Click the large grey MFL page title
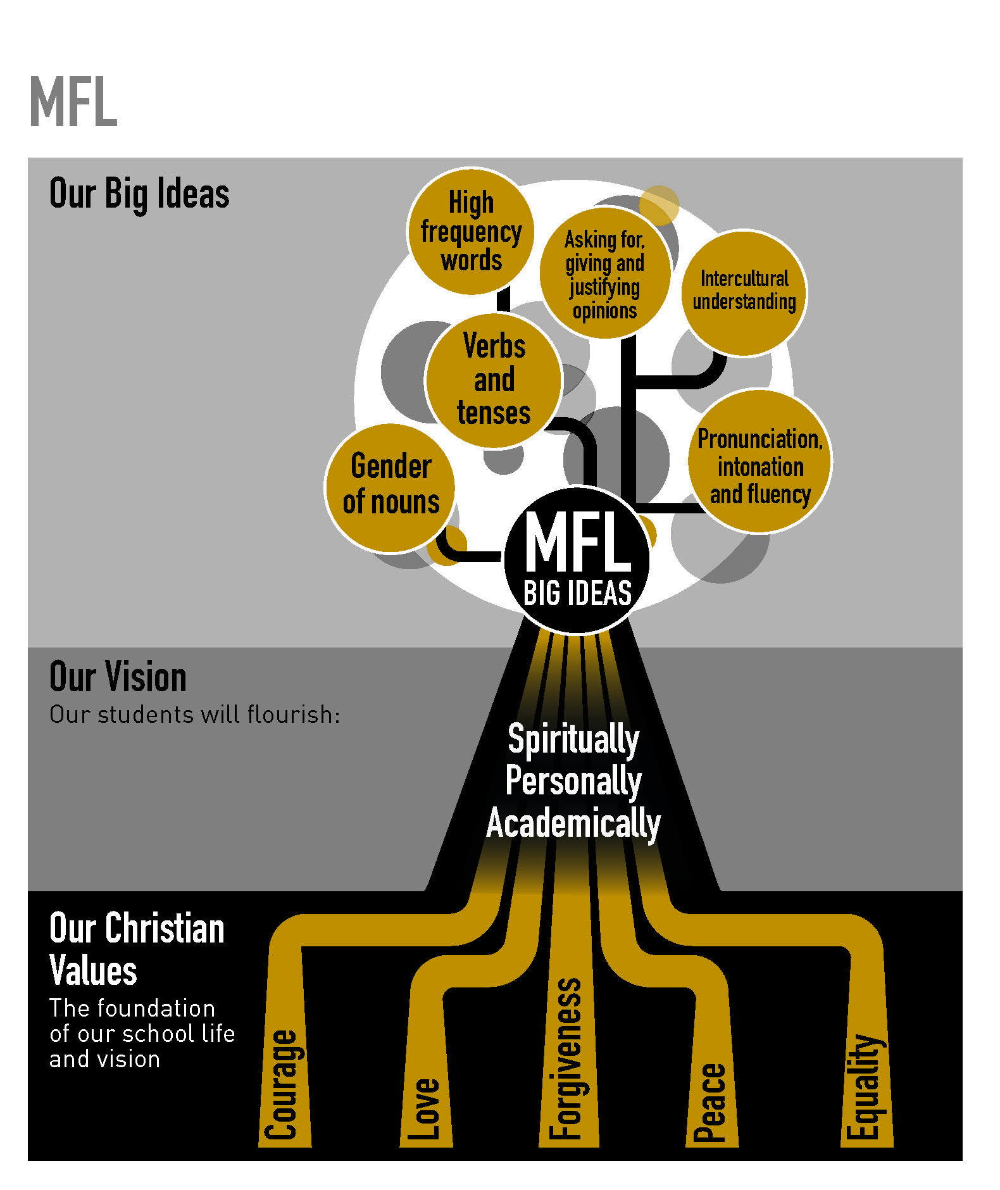point(73,103)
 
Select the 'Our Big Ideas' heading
point(139,194)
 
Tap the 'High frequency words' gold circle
point(471,232)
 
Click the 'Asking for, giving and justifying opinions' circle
point(604,273)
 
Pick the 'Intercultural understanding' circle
point(744,291)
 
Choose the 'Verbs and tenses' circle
point(494,380)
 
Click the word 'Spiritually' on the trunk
point(573,739)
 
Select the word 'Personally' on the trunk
point(573,781)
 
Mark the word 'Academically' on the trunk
point(573,823)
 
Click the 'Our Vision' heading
point(118,677)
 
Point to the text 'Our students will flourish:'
point(195,715)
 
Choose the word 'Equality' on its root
point(865,1086)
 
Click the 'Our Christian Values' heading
point(137,949)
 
